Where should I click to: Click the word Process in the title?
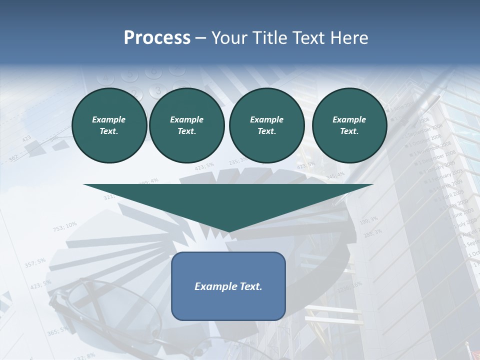tap(157, 38)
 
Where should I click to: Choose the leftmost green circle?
tap(109, 125)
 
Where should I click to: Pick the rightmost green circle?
tap(349, 125)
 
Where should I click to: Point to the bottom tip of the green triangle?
tap(228, 232)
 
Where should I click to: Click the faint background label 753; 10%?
tap(65, 226)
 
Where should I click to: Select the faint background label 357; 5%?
tap(35, 263)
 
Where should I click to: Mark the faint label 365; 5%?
tap(58, 330)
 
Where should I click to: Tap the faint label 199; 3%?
tap(368, 219)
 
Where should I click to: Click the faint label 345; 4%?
tap(335, 175)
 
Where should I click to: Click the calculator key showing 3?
tap(157, 90)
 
